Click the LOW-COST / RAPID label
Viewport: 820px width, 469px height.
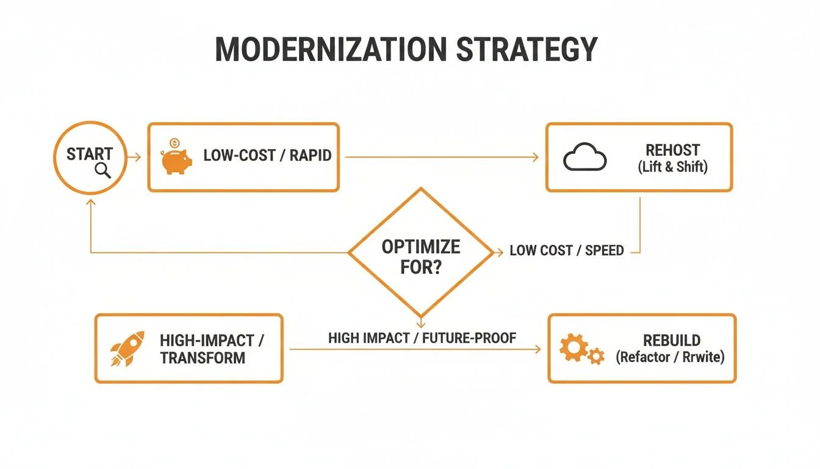tap(267, 155)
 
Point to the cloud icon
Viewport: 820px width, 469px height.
tap(584, 158)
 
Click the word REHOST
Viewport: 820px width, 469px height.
tap(672, 150)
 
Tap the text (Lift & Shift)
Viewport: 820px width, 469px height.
tap(672, 167)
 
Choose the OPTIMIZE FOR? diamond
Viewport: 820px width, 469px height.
tap(420, 256)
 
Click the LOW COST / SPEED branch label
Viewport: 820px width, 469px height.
tap(566, 250)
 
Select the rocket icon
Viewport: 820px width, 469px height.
tap(127, 349)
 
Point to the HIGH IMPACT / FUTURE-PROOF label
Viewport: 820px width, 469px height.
tap(422, 338)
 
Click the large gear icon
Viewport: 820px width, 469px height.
tap(573, 347)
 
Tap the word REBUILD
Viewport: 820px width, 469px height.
tap(672, 340)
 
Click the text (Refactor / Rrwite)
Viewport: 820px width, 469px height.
tap(670, 357)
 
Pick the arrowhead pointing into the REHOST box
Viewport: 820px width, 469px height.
tap(536, 158)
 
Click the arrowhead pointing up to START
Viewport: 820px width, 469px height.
tap(90, 201)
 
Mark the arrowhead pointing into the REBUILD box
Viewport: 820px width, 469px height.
tap(538, 349)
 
